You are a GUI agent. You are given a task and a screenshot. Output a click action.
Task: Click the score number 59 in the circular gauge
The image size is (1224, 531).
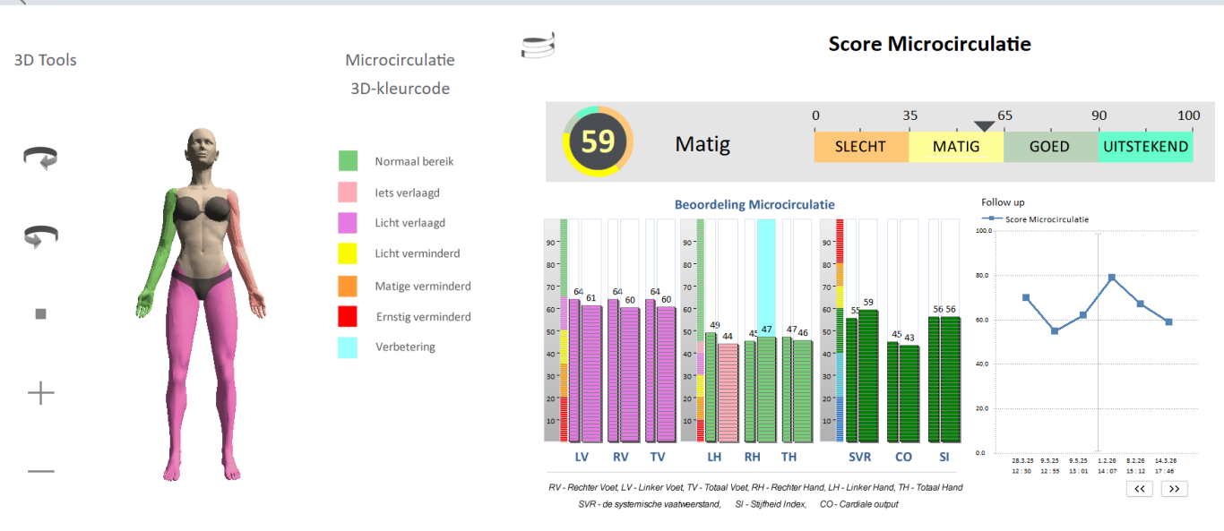pyautogui.click(x=598, y=141)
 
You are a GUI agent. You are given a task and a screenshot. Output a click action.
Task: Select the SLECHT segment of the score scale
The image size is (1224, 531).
pyautogui.click(x=860, y=147)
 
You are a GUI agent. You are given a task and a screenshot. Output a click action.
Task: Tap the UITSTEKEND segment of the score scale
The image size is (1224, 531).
pyautogui.click(x=1146, y=147)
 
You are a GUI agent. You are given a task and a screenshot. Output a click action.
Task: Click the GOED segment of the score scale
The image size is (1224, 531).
pyautogui.click(x=1049, y=147)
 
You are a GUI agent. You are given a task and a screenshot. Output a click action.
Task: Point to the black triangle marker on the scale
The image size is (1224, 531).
pyautogui.click(x=984, y=126)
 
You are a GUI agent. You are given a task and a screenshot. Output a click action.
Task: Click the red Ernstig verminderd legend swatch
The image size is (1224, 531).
pyautogui.click(x=348, y=316)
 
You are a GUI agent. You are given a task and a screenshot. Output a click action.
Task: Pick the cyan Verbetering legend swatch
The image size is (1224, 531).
pyautogui.click(x=348, y=347)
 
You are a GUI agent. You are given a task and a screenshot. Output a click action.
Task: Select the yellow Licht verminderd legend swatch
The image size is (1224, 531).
pyautogui.click(x=348, y=253)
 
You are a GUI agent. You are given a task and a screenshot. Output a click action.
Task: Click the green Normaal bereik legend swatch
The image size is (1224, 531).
pyautogui.click(x=348, y=161)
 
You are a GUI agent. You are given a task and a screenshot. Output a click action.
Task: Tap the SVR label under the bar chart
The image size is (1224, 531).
pyautogui.click(x=859, y=457)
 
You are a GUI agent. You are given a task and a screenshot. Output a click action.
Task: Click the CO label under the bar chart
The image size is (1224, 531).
pyautogui.click(x=903, y=457)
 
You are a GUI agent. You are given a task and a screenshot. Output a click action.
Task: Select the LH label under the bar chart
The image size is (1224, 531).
pyautogui.click(x=714, y=457)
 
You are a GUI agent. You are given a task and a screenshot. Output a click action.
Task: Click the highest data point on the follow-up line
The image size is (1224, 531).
pyautogui.click(x=1111, y=278)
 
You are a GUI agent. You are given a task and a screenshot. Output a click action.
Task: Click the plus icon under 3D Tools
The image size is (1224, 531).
pyautogui.click(x=41, y=392)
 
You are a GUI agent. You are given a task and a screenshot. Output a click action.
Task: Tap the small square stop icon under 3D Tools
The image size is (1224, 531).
pyautogui.click(x=40, y=314)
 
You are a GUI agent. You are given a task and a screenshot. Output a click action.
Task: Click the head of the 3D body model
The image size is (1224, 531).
pyautogui.click(x=203, y=149)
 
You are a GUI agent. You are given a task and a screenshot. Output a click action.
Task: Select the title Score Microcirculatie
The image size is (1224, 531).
pyautogui.click(x=929, y=44)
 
